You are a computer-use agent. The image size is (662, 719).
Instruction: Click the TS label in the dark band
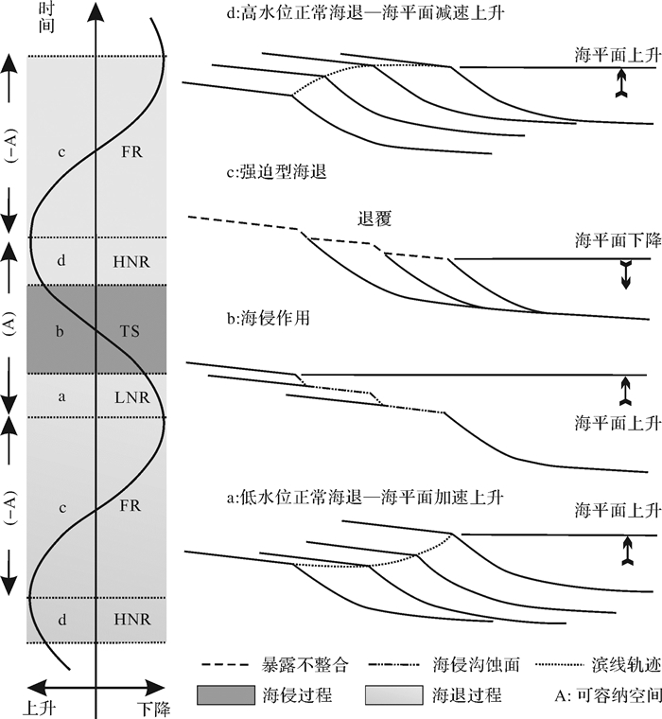coord(131,331)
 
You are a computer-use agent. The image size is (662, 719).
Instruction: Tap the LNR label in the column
coord(131,397)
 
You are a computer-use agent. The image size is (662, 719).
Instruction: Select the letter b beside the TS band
coord(61,331)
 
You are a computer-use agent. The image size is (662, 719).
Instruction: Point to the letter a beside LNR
coord(61,397)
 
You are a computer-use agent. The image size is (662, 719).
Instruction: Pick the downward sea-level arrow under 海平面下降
coord(624,274)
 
